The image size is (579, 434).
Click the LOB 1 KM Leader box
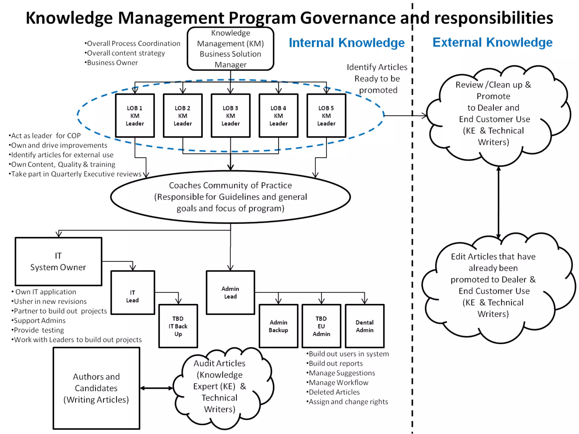coord(135,116)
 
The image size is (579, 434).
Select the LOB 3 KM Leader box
coord(230,116)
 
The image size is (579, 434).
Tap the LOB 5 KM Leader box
coord(326,116)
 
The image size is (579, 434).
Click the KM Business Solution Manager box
coord(230,49)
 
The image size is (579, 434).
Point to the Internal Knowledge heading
coord(347,43)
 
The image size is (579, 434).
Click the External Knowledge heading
coord(492,42)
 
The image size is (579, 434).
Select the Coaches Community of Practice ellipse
coord(230,197)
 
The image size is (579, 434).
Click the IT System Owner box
coord(58,261)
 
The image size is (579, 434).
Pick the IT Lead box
coord(133,292)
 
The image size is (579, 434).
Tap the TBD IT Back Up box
coord(178,326)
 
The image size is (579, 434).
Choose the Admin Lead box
coord(230,292)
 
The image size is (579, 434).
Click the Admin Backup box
coord(278,326)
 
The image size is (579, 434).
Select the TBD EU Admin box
coord(321,326)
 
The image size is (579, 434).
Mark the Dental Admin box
coord(365,326)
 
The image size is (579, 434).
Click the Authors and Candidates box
coord(96,388)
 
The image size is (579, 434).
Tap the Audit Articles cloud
coord(220,386)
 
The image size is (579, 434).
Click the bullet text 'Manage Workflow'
coord(338,383)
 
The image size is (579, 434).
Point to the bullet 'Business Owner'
coord(112,63)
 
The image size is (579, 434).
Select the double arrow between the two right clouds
coord(498,202)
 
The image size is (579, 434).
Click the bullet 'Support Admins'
coord(40,321)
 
